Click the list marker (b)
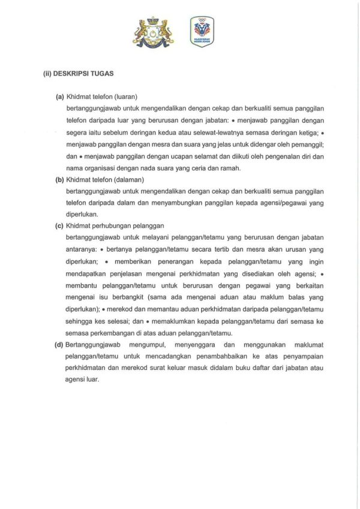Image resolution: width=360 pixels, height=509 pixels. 59,180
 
